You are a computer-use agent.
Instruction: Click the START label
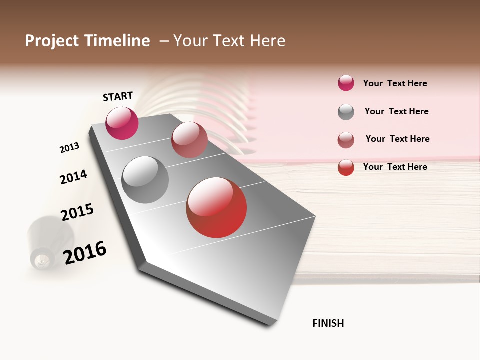[118, 96]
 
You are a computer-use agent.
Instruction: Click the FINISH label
[328, 323]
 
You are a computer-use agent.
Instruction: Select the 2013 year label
[69, 148]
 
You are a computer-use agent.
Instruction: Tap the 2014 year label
[73, 177]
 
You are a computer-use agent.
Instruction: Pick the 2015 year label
[77, 212]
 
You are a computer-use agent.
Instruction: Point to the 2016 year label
[85, 252]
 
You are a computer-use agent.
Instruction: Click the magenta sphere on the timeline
[122, 123]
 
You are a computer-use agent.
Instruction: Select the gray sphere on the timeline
[145, 180]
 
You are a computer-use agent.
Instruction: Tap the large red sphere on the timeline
[216, 207]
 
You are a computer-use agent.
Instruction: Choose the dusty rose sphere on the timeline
[189, 140]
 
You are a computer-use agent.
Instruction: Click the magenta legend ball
[346, 83]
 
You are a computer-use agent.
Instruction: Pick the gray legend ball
[346, 112]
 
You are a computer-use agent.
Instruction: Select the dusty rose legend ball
[346, 140]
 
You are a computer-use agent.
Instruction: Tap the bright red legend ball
[346, 167]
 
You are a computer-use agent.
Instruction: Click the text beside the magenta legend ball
[395, 83]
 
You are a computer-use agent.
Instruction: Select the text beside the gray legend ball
[396, 111]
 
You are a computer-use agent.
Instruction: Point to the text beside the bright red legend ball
[395, 167]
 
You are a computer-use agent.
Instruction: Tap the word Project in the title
[52, 41]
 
